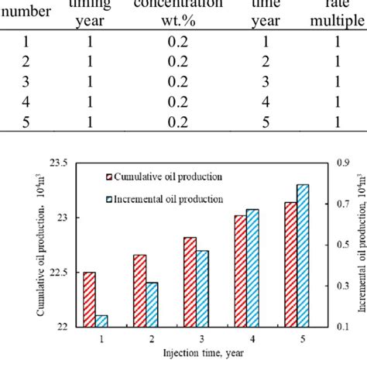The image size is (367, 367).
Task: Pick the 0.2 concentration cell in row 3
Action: pos(182,81)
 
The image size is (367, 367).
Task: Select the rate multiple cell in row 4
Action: pos(339,101)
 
